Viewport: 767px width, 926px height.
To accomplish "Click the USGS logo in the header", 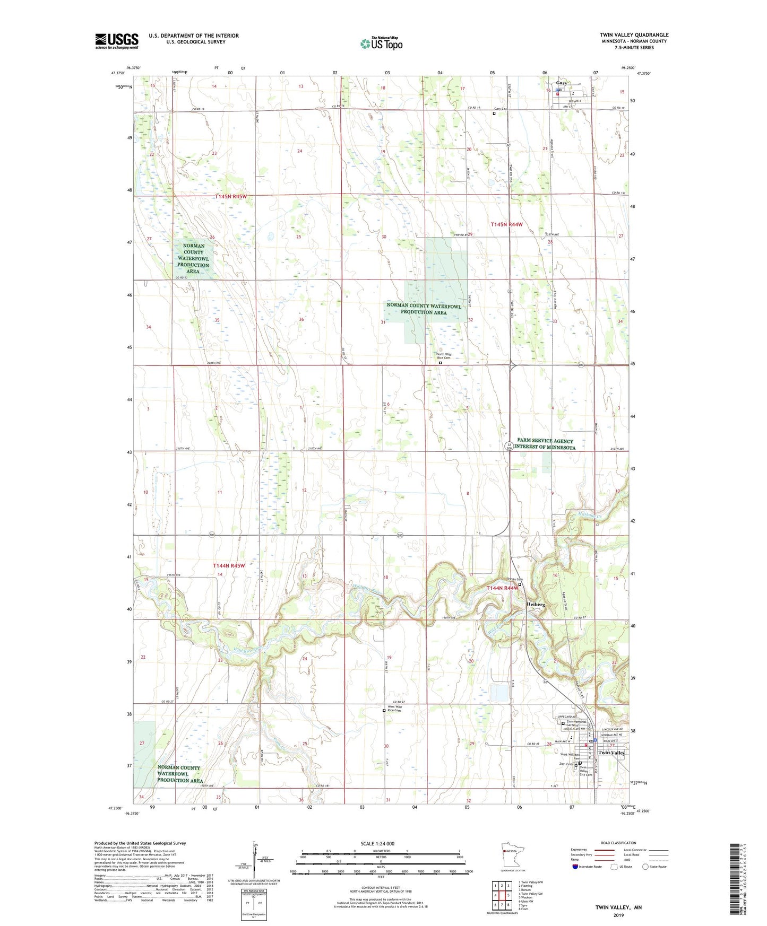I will [x=116, y=41].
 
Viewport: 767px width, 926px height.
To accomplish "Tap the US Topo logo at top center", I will [x=381, y=43].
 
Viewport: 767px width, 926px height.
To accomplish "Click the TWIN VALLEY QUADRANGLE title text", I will [x=634, y=35].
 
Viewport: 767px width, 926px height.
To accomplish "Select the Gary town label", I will [x=561, y=83].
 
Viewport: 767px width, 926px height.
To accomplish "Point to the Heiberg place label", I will [x=535, y=605].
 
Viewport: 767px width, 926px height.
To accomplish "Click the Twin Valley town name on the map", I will [x=611, y=753].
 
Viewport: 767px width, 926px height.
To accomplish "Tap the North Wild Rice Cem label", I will [x=444, y=356].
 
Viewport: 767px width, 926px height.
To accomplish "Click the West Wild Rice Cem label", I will [x=394, y=709].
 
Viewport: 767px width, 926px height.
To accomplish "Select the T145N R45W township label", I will [x=231, y=197].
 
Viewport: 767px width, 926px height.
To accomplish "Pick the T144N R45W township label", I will [x=229, y=565].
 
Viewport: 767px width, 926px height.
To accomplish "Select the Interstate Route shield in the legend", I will [x=576, y=867].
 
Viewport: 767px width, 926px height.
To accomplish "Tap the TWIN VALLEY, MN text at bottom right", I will [x=618, y=907].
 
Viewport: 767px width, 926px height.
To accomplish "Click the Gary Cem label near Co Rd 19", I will [x=501, y=109].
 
